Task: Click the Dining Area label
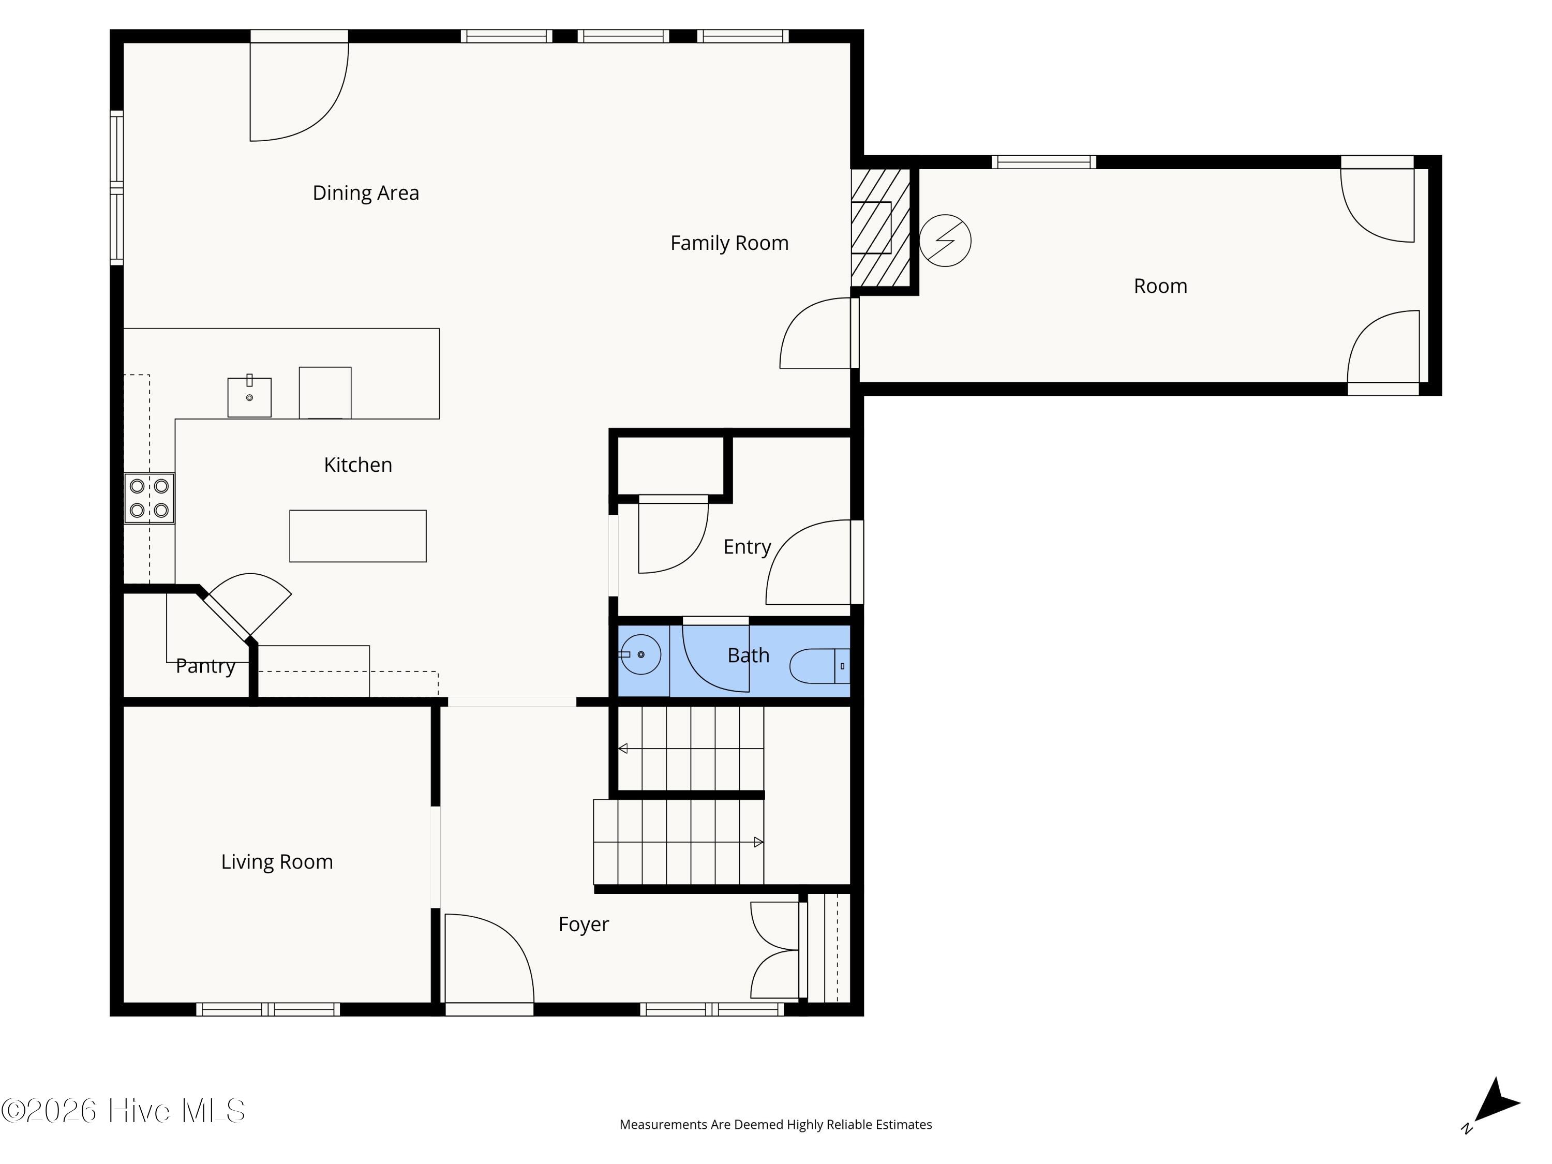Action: [x=366, y=193]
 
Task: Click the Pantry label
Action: [x=205, y=666]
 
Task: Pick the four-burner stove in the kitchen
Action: [x=150, y=498]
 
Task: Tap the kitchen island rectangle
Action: [x=358, y=536]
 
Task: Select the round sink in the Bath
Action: [x=640, y=654]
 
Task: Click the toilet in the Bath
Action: [x=819, y=666]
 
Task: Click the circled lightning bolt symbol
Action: [x=945, y=241]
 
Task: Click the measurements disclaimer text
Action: [x=776, y=1125]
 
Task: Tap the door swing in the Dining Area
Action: [x=300, y=91]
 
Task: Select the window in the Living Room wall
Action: [x=268, y=1010]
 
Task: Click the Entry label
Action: [x=747, y=547]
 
